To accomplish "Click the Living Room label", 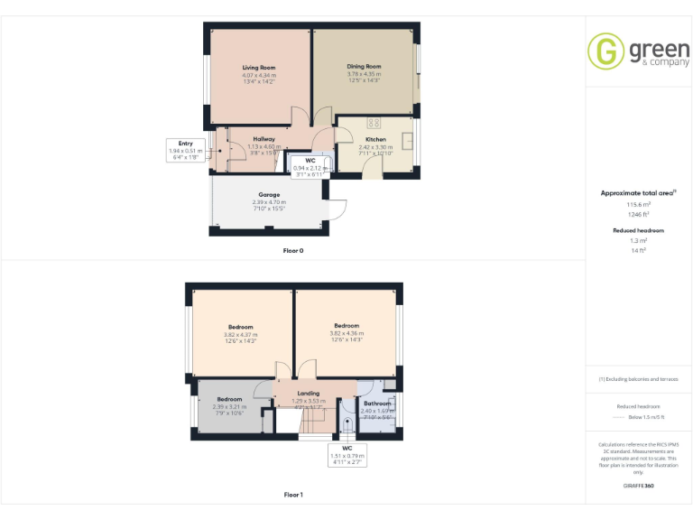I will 259,68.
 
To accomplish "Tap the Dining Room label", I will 364,66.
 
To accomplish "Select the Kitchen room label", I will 375,140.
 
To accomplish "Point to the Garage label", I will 269,195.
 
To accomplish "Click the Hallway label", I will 263,139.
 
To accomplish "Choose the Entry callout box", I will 186,150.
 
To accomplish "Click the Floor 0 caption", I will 293,250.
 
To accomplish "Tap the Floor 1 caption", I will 293,495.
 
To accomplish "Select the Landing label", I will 309,394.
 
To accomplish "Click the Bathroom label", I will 376,403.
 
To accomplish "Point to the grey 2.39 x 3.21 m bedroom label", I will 229,399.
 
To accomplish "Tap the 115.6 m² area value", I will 639,205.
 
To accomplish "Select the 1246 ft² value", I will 639,214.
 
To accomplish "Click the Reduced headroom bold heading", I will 639,231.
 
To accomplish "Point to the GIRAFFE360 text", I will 639,487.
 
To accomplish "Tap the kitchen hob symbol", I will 374,123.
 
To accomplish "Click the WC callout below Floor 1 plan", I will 346,453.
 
